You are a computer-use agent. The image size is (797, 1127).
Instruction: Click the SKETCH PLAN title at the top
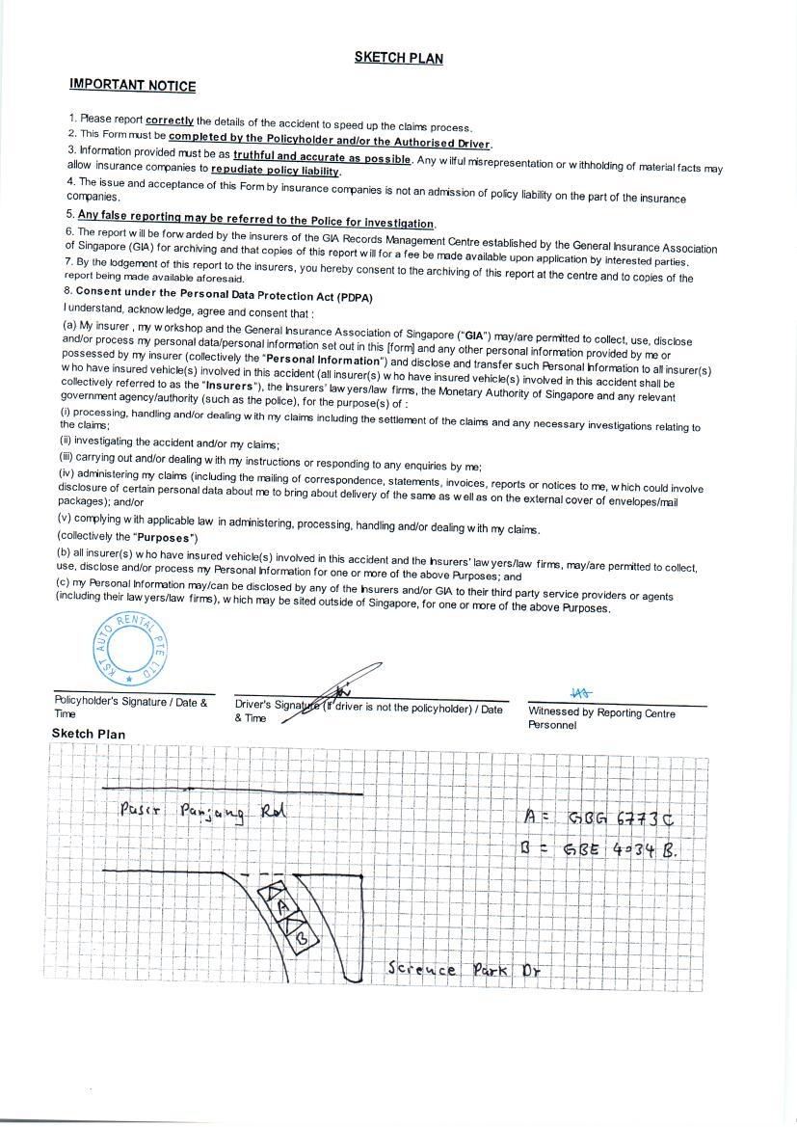[399, 58]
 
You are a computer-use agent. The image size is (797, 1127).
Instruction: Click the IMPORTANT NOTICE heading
[132, 85]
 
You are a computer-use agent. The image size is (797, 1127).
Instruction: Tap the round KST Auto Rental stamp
[130, 646]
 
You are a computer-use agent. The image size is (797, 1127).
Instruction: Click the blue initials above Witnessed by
[581, 692]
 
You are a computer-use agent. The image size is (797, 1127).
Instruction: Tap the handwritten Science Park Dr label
[463, 968]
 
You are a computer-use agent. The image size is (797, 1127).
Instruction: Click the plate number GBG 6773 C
[620, 818]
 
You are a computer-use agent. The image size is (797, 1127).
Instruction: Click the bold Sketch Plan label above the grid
[89, 734]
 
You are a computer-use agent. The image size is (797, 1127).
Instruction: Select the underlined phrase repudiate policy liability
[276, 171]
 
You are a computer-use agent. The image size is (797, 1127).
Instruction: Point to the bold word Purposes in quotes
[166, 537]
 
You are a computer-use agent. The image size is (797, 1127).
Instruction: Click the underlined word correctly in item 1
[170, 121]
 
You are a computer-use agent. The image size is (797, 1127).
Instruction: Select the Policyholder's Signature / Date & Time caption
[130, 707]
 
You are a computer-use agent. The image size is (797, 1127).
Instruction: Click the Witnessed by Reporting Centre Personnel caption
[601, 718]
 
